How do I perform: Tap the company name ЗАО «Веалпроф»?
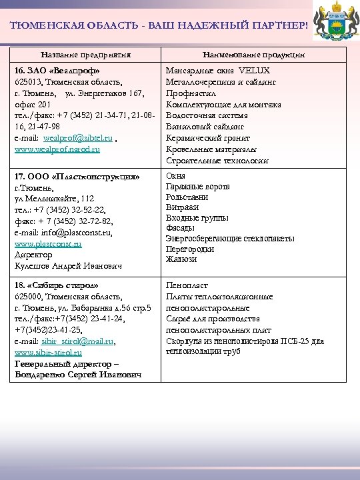tap(58, 71)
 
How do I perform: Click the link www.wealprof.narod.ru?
tap(57, 149)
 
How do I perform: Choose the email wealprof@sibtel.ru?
tap(83, 138)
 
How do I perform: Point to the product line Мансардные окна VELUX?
tap(218, 71)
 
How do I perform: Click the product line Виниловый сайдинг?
tap(205, 127)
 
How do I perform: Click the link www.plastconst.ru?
tap(48, 245)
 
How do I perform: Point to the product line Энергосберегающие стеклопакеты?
tap(230, 239)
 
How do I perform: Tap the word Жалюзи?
tap(181, 260)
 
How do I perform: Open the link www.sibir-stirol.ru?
tap(48, 352)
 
